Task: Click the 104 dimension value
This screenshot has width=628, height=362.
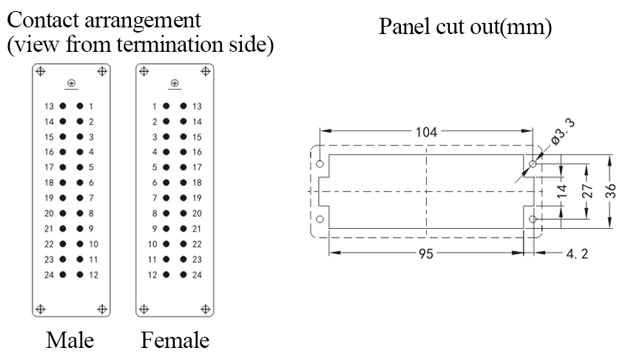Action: click(x=426, y=132)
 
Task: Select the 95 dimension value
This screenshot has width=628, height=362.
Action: click(x=426, y=254)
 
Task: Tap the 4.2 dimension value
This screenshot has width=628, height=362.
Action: click(x=577, y=254)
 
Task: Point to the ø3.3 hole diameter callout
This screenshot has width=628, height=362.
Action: click(x=563, y=131)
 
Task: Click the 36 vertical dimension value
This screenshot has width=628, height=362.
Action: click(x=610, y=191)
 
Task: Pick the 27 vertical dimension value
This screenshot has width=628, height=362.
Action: click(x=587, y=191)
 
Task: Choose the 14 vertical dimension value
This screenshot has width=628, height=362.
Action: click(x=562, y=191)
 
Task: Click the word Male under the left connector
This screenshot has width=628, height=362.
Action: click(x=70, y=341)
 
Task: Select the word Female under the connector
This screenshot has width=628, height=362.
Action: click(x=175, y=341)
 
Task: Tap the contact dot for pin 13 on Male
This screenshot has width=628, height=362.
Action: click(x=63, y=106)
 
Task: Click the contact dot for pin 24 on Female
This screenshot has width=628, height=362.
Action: click(x=183, y=275)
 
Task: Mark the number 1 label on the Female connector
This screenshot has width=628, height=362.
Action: click(x=154, y=107)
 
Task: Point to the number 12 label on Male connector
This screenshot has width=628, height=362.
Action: click(x=93, y=275)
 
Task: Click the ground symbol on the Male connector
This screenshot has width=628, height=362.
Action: click(x=72, y=84)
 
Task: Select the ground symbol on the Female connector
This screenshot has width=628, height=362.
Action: click(x=175, y=84)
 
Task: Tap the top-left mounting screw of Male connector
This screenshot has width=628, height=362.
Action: click(x=41, y=71)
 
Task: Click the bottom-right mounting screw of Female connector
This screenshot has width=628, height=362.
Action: click(x=206, y=309)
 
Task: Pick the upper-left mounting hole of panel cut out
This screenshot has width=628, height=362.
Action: click(x=320, y=164)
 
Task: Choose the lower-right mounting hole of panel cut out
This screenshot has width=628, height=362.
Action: click(x=533, y=219)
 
